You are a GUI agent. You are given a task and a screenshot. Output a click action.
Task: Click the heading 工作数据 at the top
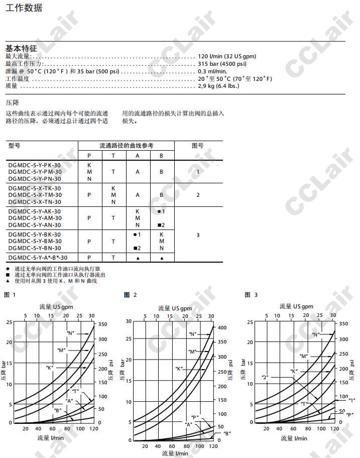coord(24,8)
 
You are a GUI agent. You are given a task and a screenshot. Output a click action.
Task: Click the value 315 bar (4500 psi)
coord(222,64)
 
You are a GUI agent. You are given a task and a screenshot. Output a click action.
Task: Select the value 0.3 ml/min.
coord(212,71)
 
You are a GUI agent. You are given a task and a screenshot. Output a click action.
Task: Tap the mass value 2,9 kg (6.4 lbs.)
coord(218,86)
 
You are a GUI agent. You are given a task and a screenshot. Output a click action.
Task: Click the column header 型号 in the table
coord(15,146)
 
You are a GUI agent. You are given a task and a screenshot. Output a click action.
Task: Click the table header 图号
coord(198,146)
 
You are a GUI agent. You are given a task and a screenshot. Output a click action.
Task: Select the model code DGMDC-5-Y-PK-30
coord(35,165)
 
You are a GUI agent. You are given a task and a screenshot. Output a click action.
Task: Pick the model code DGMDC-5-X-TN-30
coord(35,202)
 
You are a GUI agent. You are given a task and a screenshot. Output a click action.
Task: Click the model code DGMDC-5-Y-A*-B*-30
coord(38,258)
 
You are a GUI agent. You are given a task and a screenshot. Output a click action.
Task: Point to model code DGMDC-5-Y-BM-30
coord(35,242)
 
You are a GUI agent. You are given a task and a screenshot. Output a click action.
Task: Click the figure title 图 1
coord(10,295)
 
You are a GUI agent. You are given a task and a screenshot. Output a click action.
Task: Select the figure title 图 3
coord(252,295)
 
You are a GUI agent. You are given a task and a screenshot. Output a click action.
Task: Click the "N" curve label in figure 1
coord(70,332)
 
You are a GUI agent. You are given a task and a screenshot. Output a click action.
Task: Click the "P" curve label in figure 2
coord(195,418)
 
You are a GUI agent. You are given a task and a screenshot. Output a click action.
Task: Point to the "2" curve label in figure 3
coord(265,376)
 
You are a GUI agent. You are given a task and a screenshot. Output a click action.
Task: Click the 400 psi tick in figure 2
coord(222,327)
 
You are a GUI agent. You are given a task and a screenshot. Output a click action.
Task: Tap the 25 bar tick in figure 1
coord(9,322)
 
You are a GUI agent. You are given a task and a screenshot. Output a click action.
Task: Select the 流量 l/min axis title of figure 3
coord(294,438)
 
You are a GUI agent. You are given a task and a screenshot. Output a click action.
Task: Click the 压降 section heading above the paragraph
coord(12,102)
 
